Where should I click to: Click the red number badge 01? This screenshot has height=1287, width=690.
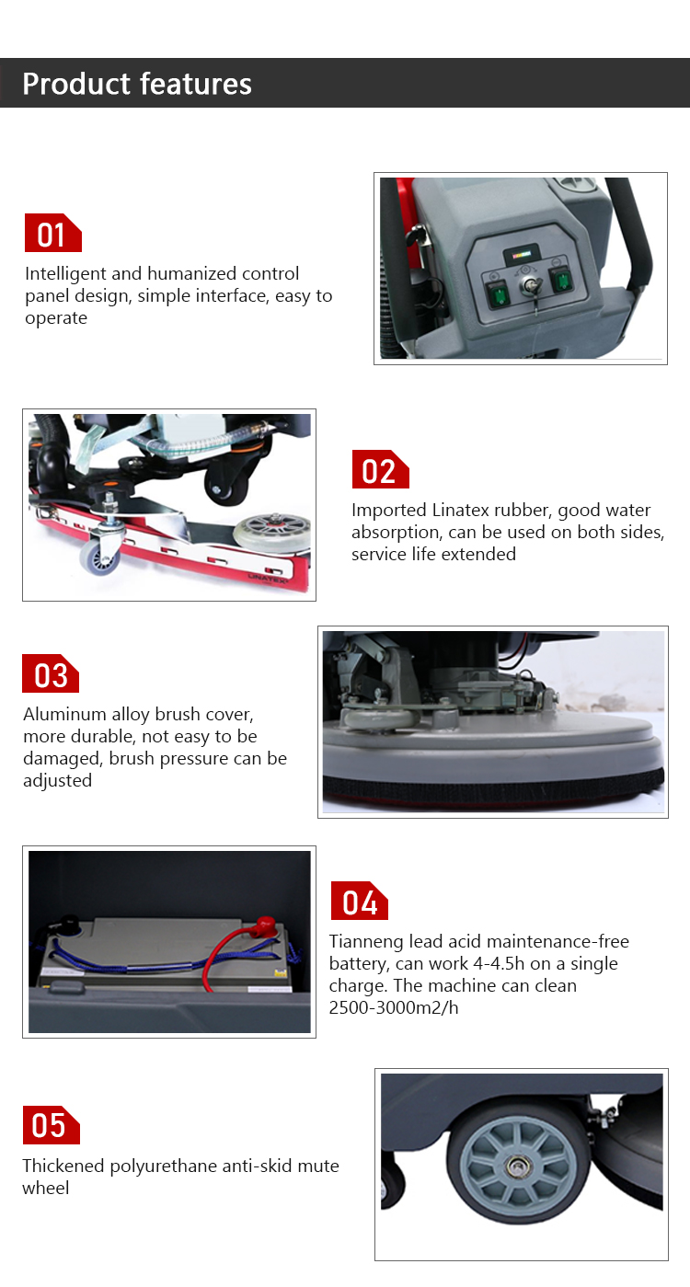(52, 234)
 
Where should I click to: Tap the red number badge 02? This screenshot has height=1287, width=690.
(380, 470)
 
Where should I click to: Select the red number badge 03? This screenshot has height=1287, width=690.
(51, 674)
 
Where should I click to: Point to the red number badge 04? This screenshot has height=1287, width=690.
(359, 902)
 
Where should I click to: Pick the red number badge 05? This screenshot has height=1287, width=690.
(51, 1125)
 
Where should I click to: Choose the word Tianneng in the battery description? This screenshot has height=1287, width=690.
(364, 942)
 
